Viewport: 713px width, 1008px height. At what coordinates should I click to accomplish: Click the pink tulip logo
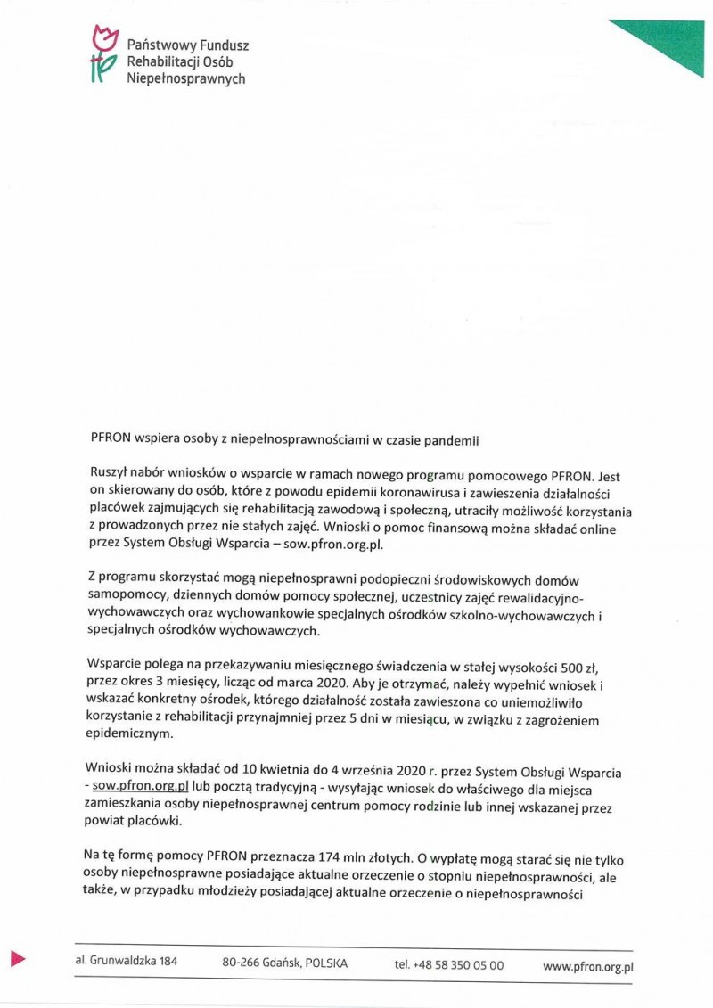click(104, 54)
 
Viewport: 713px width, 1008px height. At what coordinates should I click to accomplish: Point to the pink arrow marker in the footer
click(18, 959)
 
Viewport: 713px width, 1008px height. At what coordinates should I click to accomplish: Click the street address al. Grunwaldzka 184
click(127, 963)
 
